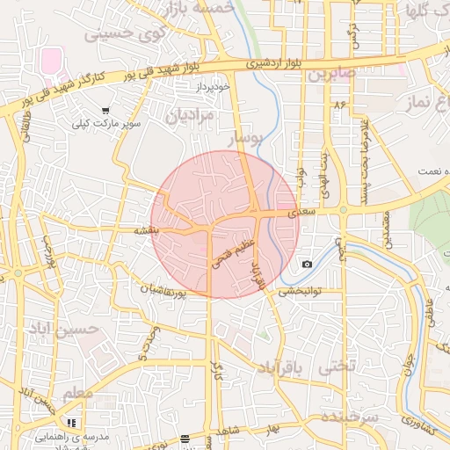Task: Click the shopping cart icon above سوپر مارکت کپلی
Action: (105, 112)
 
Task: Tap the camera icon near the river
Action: (307, 264)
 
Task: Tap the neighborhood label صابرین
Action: (331, 74)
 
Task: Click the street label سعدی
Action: (301, 213)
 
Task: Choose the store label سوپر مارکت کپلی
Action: (107, 126)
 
